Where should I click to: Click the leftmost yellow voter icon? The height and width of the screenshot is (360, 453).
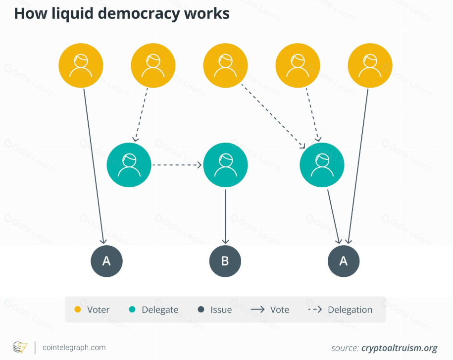[81, 66]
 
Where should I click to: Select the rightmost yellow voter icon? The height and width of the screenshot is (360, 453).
[370, 66]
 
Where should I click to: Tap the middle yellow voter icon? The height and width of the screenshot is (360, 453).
[225, 66]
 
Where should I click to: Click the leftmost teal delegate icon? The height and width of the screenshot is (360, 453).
[129, 165]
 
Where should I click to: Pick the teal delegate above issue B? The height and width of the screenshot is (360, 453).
[225, 165]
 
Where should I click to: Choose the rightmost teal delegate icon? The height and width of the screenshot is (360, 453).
[322, 165]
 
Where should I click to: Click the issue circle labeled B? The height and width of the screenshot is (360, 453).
[225, 261]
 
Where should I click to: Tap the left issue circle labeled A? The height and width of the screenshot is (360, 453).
[106, 261]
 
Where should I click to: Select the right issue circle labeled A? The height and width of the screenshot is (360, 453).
[344, 261]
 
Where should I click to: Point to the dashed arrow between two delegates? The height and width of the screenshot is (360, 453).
[177, 165]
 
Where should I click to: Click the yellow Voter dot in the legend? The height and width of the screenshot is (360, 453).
[77, 309]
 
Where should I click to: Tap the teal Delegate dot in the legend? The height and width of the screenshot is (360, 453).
[132, 309]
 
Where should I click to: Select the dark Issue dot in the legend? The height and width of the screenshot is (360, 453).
[201, 309]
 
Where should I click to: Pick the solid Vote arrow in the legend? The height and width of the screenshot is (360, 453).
[257, 309]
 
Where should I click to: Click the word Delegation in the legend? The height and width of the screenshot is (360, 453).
[350, 309]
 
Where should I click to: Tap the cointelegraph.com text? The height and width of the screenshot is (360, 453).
[74, 348]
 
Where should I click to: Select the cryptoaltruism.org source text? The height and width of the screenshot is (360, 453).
[399, 348]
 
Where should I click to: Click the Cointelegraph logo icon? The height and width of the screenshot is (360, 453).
[20, 347]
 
